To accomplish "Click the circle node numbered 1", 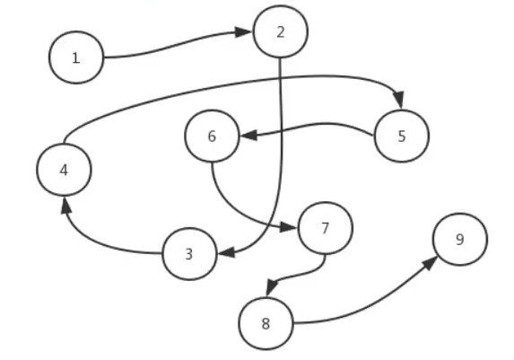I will [x=76, y=57].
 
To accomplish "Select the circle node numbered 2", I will [x=281, y=32].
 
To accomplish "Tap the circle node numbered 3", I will [x=189, y=253].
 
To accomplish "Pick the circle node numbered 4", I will [x=65, y=169].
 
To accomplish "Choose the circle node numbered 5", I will [x=401, y=136].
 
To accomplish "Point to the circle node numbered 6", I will [x=213, y=136].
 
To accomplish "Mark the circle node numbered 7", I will [x=325, y=227].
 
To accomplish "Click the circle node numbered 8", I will [x=266, y=322].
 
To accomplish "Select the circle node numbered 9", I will [x=459, y=240].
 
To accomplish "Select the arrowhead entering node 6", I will [x=248, y=136].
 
